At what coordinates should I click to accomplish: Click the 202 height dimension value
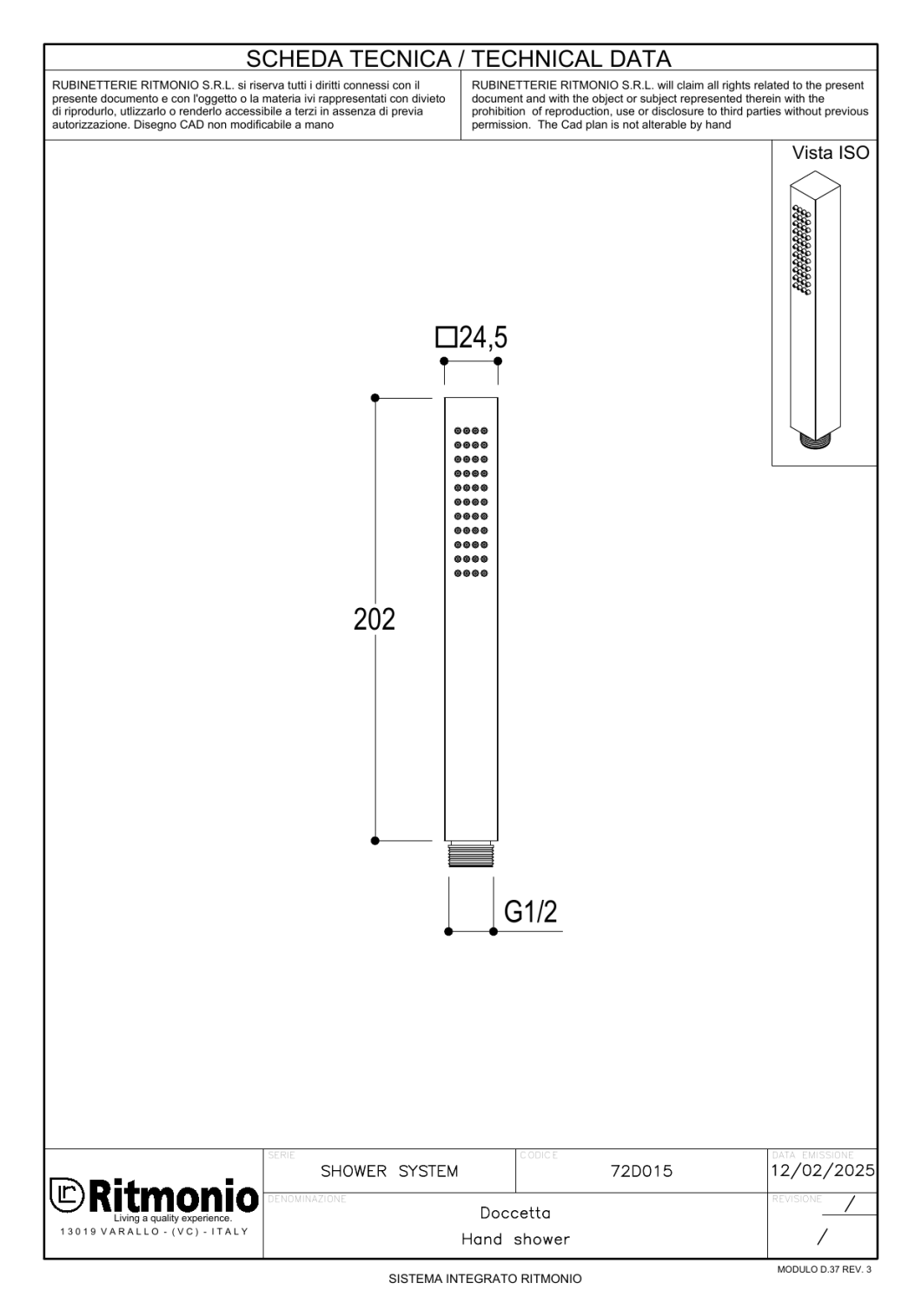(x=374, y=619)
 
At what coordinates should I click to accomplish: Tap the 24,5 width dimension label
(x=482, y=337)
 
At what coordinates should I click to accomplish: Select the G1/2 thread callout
(x=531, y=912)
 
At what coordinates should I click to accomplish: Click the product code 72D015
(x=641, y=1171)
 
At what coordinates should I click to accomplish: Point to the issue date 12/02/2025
(x=823, y=1171)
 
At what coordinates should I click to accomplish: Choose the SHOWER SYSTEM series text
(x=389, y=1171)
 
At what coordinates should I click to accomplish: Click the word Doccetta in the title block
(x=515, y=1213)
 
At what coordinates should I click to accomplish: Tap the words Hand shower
(x=515, y=1240)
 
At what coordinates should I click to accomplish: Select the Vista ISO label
(x=830, y=154)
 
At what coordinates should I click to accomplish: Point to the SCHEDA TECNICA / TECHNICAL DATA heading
(x=459, y=59)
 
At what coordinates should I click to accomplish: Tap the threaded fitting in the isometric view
(x=815, y=440)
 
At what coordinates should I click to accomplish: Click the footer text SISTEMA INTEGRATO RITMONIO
(x=485, y=1280)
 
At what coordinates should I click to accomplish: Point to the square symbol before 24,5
(x=446, y=337)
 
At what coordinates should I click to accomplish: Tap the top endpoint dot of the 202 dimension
(x=375, y=398)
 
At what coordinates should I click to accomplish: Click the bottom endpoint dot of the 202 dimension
(x=375, y=841)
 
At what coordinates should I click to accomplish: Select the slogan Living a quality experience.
(x=172, y=1218)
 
